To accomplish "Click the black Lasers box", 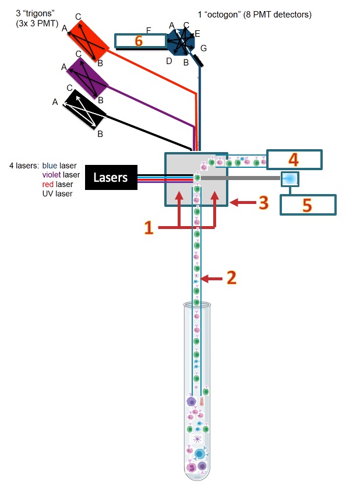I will pos(111,177).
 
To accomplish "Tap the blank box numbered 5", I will pos(308,204).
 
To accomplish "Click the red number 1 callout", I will pos(148,227).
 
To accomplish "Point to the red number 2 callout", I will pos(231,278).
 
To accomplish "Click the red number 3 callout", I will pos(263,203).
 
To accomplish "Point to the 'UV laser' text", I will pos(58,193).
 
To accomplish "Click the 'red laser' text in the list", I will pos(57,184).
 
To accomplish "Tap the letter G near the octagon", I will pos(203,47).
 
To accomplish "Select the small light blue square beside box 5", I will pos(290,178).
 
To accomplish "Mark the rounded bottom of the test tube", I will pos(197,475).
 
